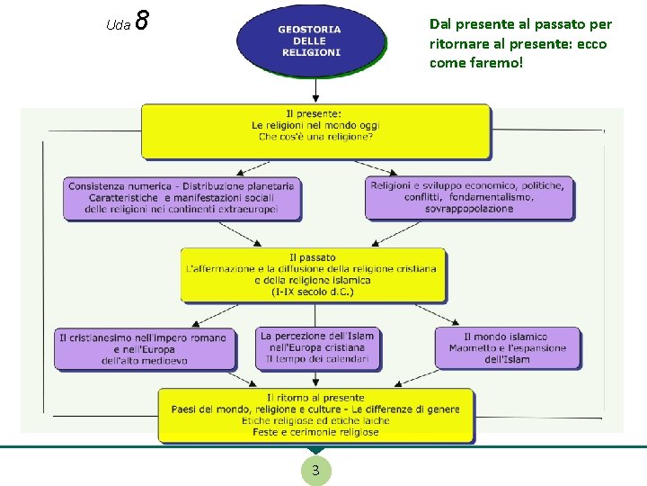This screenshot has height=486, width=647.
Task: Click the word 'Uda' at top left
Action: point(118,25)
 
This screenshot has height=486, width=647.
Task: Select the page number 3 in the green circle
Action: point(315,471)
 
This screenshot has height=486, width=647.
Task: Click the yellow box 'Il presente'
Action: point(315,131)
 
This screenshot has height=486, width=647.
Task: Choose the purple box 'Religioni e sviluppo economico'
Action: point(467,198)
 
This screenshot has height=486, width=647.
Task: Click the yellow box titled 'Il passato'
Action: point(313,274)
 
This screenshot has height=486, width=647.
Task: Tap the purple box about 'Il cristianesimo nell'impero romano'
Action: point(144,349)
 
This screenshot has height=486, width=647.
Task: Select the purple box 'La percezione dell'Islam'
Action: point(317,348)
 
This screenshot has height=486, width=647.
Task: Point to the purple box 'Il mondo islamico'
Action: point(507,348)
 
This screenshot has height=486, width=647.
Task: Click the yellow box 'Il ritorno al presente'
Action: point(315,415)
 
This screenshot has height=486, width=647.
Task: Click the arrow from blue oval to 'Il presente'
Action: point(315,90)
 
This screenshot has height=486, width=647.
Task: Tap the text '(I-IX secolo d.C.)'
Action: point(313,292)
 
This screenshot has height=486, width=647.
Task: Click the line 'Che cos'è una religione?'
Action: point(315,137)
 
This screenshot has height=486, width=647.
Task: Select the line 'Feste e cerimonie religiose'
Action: point(315,432)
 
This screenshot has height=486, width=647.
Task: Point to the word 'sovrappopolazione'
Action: point(468,209)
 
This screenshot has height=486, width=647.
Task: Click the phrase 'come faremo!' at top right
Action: point(475,63)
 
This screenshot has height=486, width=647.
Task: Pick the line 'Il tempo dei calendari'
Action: point(317,359)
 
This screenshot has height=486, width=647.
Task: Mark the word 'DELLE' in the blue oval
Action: point(309,40)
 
